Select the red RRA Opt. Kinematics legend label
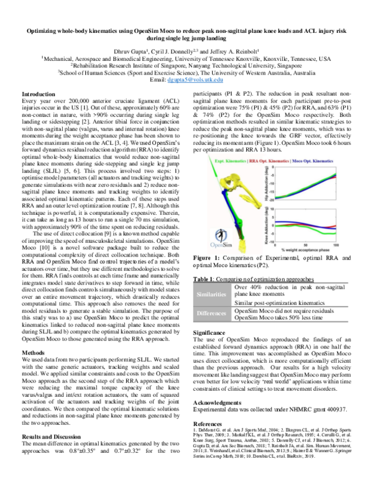269,160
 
